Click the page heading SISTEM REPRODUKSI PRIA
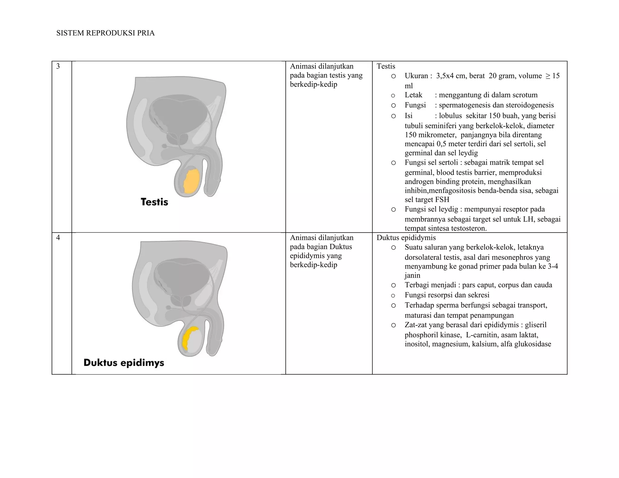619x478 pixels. coord(105,33)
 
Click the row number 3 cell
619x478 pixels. coord(58,66)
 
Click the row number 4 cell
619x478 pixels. coord(58,238)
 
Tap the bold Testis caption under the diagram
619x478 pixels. coord(154,202)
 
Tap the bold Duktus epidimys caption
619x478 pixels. coord(124,363)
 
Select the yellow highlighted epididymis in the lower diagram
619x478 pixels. coord(188,337)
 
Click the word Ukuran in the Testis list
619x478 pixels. coord(416,76)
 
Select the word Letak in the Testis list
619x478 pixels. coord(413,95)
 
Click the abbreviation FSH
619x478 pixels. coord(442,200)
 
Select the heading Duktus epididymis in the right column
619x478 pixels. coord(406,238)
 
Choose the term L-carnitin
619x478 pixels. coord(481,335)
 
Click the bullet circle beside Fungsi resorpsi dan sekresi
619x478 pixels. coord(393,296)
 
